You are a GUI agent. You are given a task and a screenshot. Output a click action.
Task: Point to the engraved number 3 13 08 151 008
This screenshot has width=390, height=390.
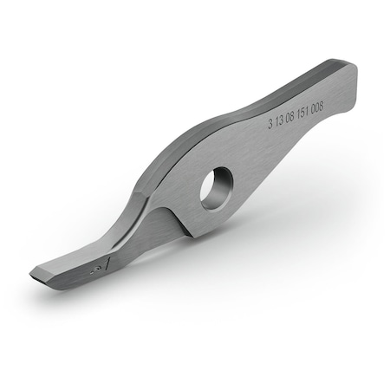[295, 114]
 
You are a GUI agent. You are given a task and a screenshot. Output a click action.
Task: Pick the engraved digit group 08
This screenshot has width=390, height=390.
[292, 116]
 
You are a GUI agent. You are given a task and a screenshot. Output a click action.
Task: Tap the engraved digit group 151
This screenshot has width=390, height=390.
[304, 110]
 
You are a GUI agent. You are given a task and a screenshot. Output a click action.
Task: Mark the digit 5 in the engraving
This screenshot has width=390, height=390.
[304, 110]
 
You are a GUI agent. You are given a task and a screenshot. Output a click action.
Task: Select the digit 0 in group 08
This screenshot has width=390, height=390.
[289, 117]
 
